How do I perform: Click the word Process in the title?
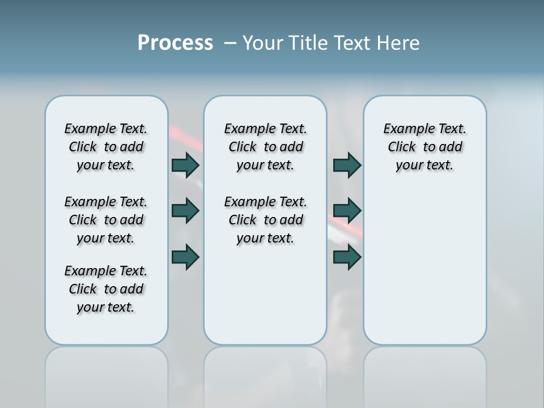pos(175,43)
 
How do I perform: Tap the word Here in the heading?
pos(396,43)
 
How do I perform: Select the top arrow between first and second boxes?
pos(185,165)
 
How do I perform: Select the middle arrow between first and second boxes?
pos(185,211)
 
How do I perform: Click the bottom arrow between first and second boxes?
pos(185,257)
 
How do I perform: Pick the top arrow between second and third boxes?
pos(347,165)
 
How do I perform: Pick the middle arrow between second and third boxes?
pos(347,211)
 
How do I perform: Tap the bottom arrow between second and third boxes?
pos(347,257)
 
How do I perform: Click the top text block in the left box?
pos(106,147)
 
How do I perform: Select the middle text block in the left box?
pos(106,220)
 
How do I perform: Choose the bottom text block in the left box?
pos(106,289)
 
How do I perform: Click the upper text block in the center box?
pos(265,147)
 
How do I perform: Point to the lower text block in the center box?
pos(265,220)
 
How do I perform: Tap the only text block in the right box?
pos(425,147)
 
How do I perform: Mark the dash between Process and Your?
pos(230,43)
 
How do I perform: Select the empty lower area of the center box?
pos(265,295)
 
